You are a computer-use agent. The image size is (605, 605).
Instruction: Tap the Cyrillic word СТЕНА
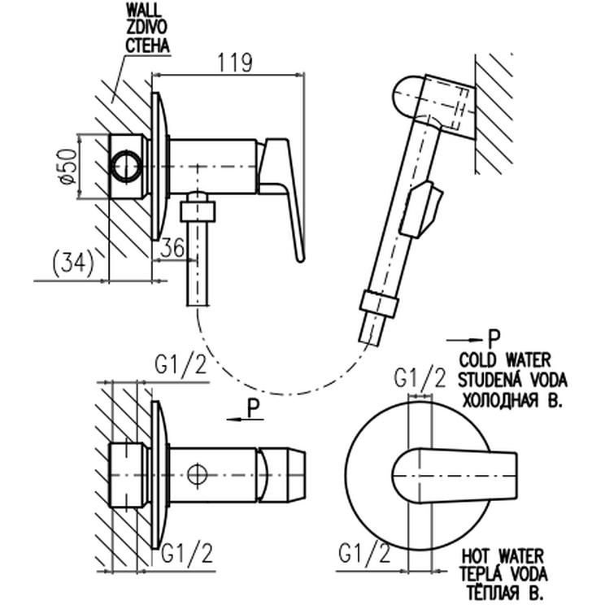[146, 46]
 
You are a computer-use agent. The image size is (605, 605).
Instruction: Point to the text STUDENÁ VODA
[512, 379]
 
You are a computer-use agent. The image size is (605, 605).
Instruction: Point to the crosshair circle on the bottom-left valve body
[197, 474]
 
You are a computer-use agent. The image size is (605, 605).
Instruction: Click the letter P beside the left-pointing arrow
[255, 408]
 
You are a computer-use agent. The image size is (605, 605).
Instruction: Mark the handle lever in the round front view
[464, 471]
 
